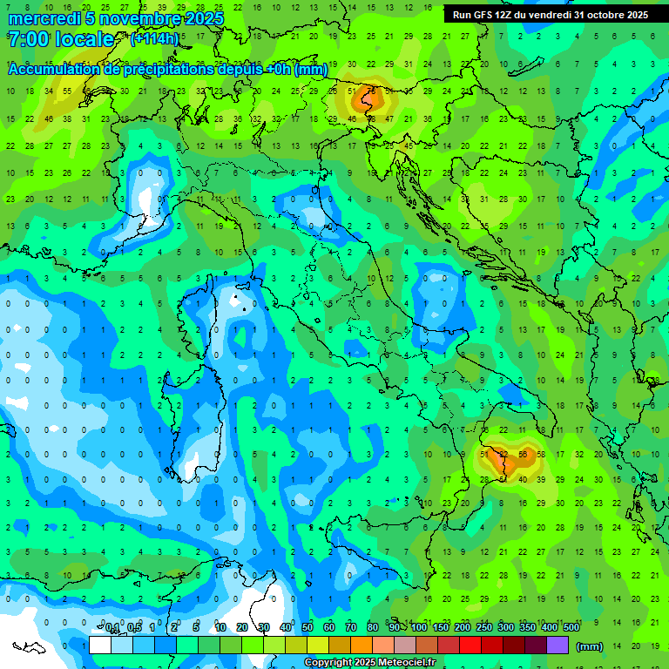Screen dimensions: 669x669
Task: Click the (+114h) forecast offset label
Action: [x=154, y=39]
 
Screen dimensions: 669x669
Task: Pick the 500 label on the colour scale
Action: [x=571, y=628]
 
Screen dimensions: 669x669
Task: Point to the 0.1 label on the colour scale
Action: [x=112, y=628]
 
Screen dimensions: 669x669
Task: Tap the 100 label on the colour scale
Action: [x=419, y=628]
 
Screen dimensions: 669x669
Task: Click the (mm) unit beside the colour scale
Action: [x=590, y=645]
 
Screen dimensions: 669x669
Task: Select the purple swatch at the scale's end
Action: [x=557, y=645]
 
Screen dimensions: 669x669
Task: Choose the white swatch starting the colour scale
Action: [x=100, y=645]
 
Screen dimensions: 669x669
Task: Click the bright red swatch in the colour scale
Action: [x=470, y=645]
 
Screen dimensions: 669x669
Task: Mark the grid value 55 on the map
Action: [x=523, y=455]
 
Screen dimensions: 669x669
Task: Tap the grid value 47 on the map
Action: [x=389, y=119]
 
